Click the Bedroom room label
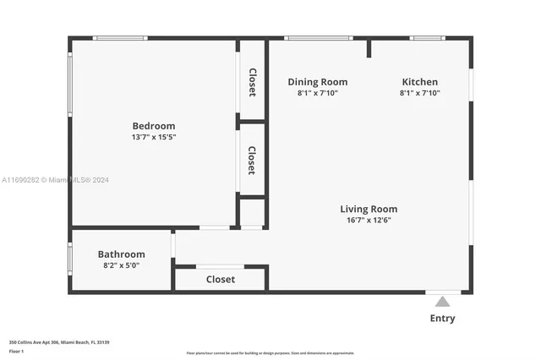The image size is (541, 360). point(153,126)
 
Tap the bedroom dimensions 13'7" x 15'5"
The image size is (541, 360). point(153,137)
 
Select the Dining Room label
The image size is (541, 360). point(317,82)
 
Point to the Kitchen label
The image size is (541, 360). point(419,82)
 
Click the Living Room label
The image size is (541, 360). point(369,209)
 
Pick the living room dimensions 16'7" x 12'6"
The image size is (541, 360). point(369,220)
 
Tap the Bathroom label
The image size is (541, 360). point(121,254)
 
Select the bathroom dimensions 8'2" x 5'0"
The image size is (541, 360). point(121,265)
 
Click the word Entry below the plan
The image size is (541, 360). point(442,319)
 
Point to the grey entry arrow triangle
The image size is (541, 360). point(442,301)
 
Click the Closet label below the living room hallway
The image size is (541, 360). point(221,279)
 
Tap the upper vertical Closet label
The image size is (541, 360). point(252,82)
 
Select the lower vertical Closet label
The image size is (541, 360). point(252,160)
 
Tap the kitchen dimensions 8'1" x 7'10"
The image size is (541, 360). point(419,93)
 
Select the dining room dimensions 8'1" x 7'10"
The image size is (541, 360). point(317,93)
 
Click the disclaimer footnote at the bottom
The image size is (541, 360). point(270,352)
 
